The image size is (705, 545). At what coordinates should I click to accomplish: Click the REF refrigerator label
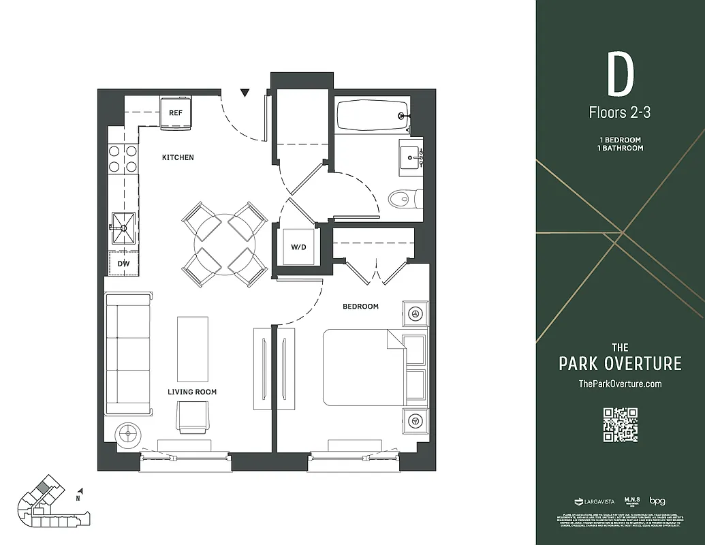pyautogui.click(x=176, y=113)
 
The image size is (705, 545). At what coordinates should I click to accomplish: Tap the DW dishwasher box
pyautogui.click(x=123, y=263)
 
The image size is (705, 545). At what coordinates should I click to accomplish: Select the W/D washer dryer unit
pyautogui.click(x=298, y=247)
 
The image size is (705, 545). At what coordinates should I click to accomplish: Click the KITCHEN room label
pyautogui.click(x=178, y=157)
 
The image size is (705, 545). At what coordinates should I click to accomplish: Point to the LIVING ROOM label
pyautogui.click(x=193, y=392)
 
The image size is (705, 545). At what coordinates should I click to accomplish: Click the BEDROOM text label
pyautogui.click(x=360, y=307)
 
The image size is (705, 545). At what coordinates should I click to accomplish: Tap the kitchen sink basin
pyautogui.click(x=123, y=228)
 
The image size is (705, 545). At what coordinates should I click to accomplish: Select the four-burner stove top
pyautogui.click(x=123, y=158)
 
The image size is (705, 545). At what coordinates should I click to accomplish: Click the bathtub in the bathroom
pyautogui.click(x=371, y=116)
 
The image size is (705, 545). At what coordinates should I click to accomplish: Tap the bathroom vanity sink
pyautogui.click(x=411, y=157)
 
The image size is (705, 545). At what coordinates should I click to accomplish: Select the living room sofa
pyautogui.click(x=128, y=354)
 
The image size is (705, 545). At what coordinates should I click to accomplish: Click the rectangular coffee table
pyautogui.click(x=193, y=349)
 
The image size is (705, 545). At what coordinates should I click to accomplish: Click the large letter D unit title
pyautogui.click(x=620, y=76)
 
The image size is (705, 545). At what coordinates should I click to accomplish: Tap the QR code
pyautogui.click(x=620, y=424)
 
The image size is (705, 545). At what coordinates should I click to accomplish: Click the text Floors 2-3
pyautogui.click(x=620, y=112)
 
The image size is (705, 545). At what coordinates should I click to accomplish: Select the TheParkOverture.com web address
pyautogui.click(x=620, y=384)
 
